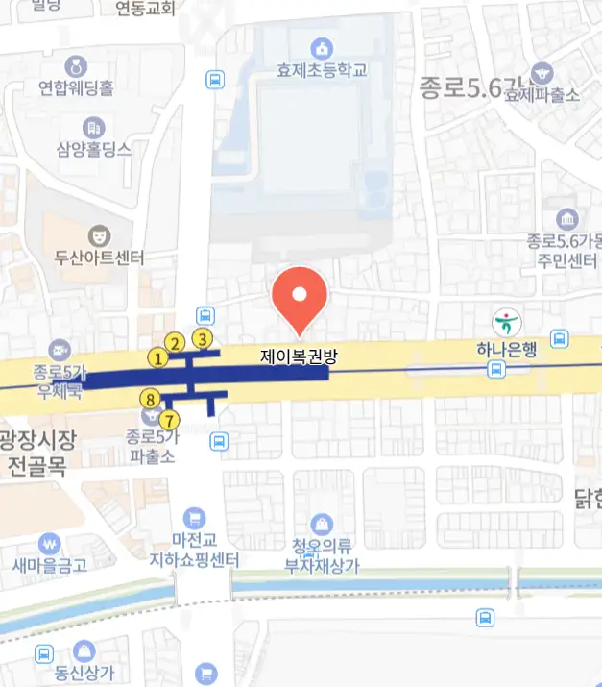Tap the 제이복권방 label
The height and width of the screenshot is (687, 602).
click(x=300, y=356)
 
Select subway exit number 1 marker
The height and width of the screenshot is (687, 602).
click(x=158, y=358)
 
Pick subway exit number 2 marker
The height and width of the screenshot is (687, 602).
click(x=175, y=343)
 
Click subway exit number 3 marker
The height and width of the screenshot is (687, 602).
click(x=203, y=338)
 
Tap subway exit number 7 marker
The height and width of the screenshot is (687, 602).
click(x=170, y=420)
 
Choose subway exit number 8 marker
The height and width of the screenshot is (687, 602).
click(x=149, y=399)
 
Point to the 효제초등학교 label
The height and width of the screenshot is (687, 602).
click(x=322, y=70)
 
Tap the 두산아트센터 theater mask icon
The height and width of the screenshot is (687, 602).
click(x=98, y=234)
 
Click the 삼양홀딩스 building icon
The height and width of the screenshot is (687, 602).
click(x=93, y=127)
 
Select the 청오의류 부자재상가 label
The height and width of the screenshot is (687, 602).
click(x=323, y=556)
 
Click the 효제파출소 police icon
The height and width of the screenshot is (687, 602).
click(x=542, y=73)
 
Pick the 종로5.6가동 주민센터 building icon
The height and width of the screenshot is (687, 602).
click(x=566, y=217)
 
